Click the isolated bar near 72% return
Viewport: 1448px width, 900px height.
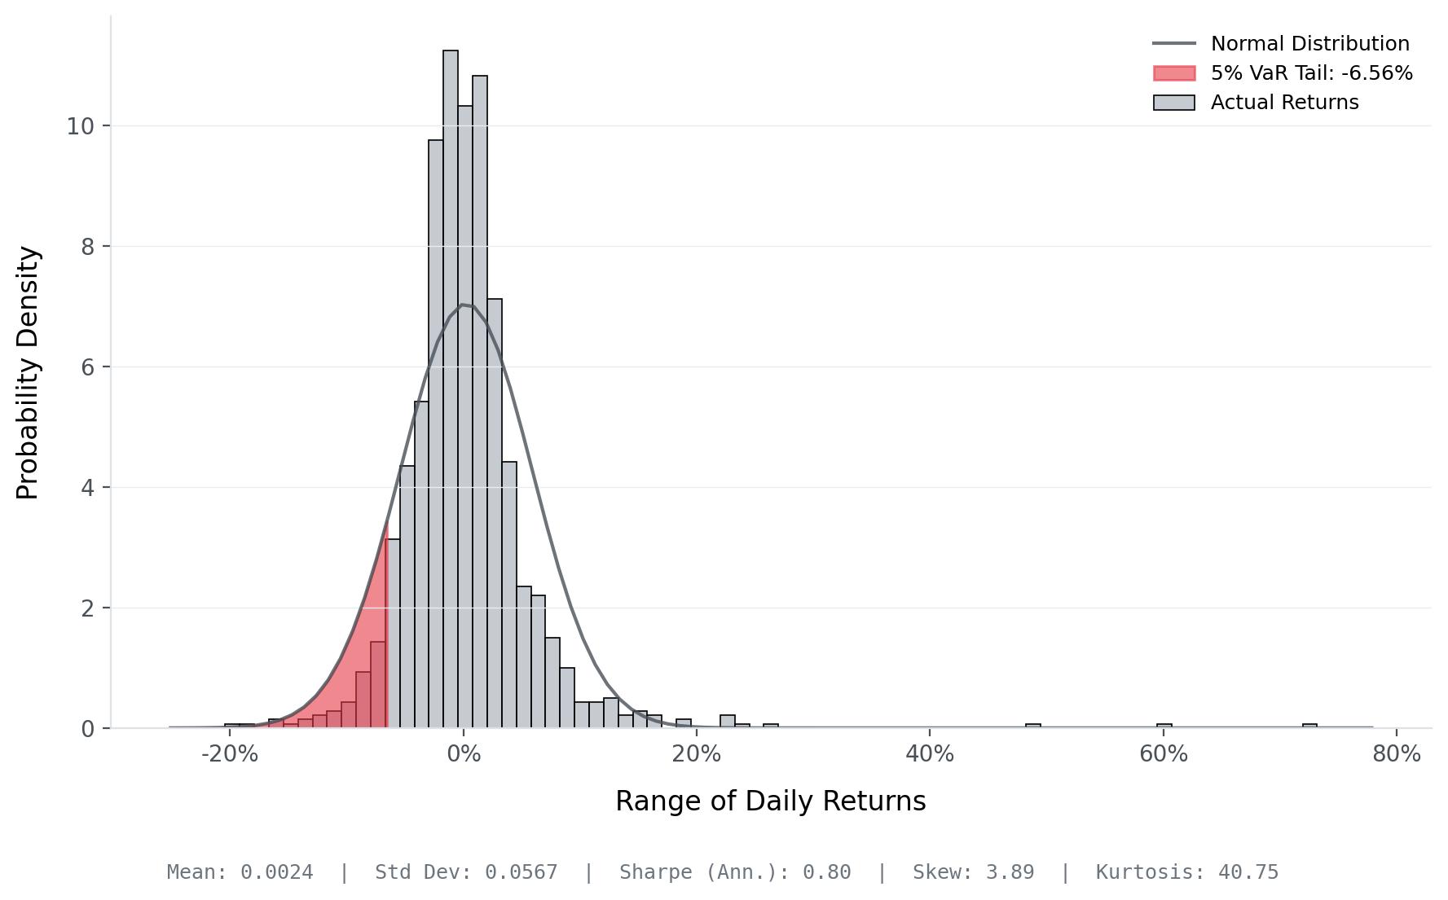1309,725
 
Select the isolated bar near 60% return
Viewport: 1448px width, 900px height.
1164,725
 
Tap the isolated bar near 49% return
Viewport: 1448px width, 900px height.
1033,725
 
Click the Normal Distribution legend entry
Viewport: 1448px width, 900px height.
1309,44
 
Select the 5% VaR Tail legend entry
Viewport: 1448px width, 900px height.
1311,73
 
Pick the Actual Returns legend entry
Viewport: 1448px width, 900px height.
1284,103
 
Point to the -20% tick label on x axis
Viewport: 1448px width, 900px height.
230,754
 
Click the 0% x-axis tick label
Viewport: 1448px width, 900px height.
464,754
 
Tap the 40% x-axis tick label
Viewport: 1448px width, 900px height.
930,754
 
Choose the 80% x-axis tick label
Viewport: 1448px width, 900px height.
1397,754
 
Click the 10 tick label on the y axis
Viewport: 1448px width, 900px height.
81,126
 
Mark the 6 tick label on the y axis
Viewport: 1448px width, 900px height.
88,367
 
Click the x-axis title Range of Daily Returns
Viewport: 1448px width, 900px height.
770,801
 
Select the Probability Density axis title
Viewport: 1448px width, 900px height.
28,372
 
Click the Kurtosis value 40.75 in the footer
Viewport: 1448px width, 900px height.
1248,872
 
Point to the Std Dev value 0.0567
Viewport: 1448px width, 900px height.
522,872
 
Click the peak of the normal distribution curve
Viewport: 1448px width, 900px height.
462,305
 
